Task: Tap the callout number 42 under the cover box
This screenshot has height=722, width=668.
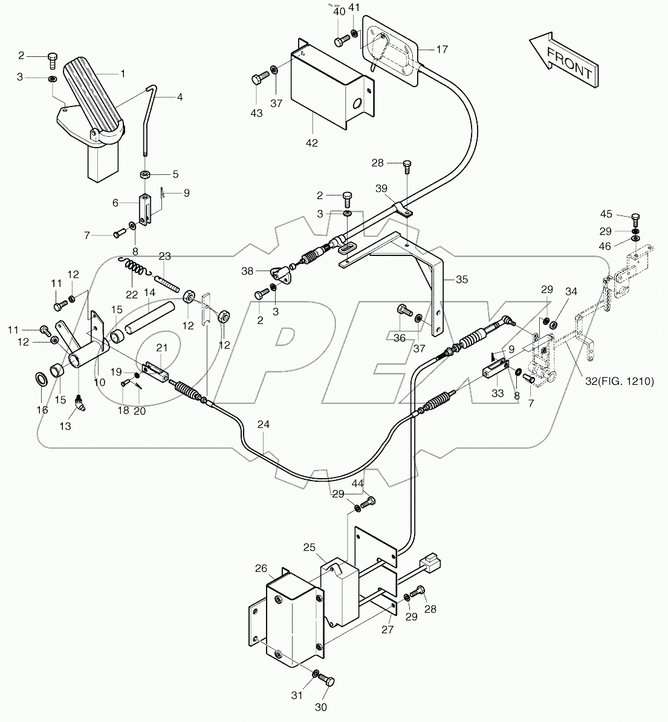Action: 312,143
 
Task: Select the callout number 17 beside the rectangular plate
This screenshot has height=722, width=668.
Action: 442,50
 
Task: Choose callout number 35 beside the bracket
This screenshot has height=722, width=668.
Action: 462,280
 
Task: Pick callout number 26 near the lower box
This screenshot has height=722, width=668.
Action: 261,568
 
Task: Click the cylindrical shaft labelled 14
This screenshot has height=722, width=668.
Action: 146,319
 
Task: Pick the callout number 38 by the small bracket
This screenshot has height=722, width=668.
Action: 247,272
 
